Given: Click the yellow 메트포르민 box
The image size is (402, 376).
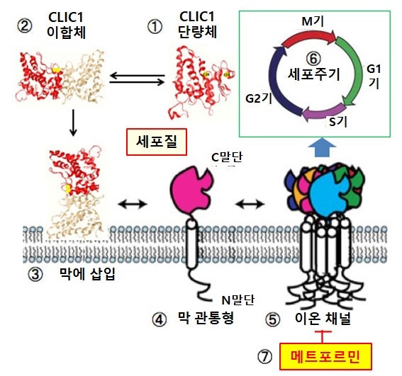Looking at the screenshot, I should (319, 357).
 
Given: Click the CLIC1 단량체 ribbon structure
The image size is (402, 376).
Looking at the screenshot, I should (201, 76).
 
